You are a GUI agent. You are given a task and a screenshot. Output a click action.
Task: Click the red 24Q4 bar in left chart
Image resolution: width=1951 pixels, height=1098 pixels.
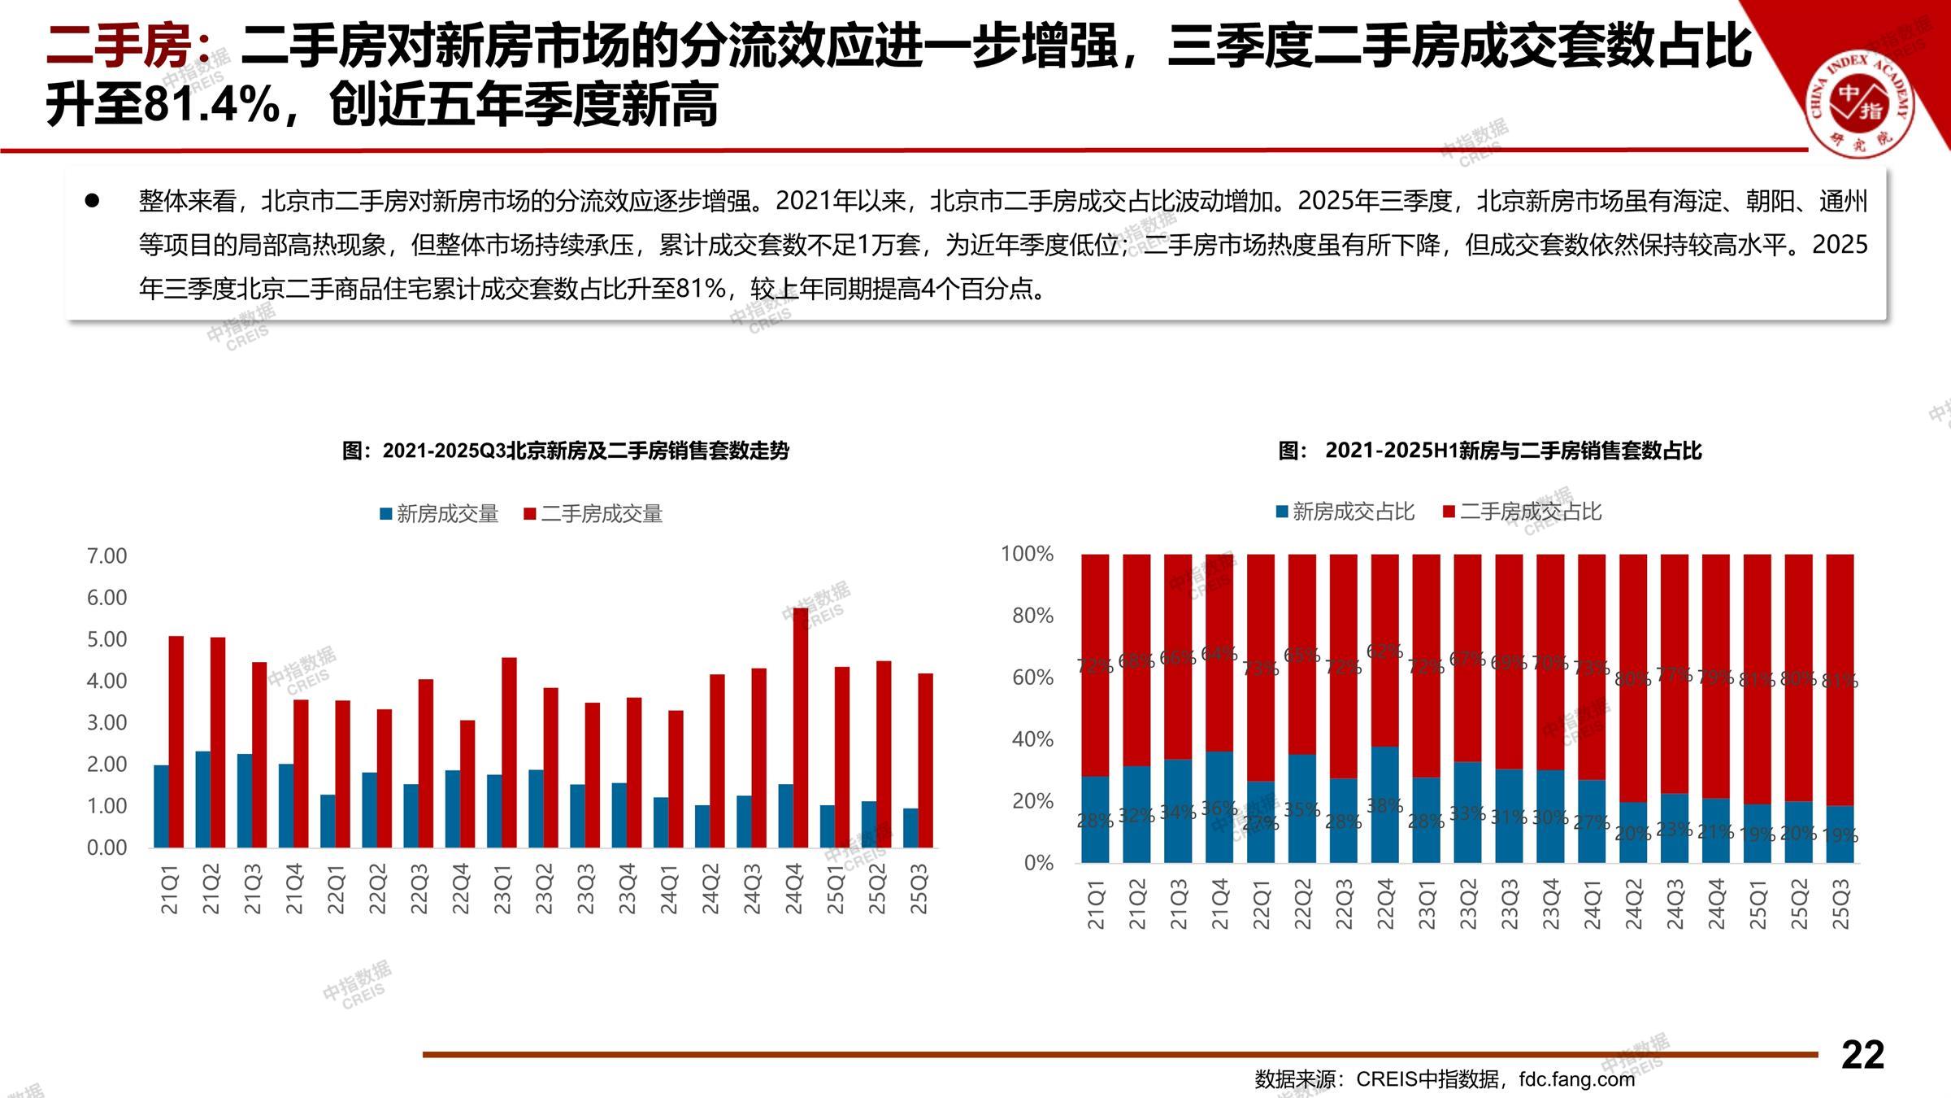click(801, 727)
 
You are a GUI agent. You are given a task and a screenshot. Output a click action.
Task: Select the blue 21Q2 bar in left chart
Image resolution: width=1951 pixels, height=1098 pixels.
click(202, 799)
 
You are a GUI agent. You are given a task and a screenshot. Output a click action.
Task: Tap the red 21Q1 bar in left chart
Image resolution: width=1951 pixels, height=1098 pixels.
click(176, 741)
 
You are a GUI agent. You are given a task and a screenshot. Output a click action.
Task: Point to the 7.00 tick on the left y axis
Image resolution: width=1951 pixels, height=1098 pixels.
click(106, 556)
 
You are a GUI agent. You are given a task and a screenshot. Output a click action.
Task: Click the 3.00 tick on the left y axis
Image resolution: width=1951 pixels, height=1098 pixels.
click(106, 723)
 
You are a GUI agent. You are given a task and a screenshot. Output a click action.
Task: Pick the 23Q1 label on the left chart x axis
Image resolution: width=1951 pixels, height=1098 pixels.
click(502, 889)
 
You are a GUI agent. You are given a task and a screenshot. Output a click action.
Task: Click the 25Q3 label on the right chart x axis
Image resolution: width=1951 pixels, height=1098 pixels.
click(1840, 904)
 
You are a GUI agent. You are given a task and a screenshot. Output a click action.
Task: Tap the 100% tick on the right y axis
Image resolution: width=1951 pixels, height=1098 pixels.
click(1027, 555)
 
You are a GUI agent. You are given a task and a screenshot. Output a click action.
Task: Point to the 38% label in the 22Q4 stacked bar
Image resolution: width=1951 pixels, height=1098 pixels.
click(1385, 805)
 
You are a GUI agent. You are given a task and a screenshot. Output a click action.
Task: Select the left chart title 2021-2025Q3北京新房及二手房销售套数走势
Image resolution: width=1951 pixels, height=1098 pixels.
click(566, 451)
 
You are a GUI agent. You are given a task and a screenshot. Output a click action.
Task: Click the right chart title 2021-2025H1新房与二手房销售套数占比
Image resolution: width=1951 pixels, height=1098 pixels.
click(1489, 451)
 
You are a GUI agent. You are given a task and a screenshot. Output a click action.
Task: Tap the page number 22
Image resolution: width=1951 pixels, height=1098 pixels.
click(1862, 1055)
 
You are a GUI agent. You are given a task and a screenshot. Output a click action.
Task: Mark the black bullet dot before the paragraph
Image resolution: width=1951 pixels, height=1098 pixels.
click(93, 200)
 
